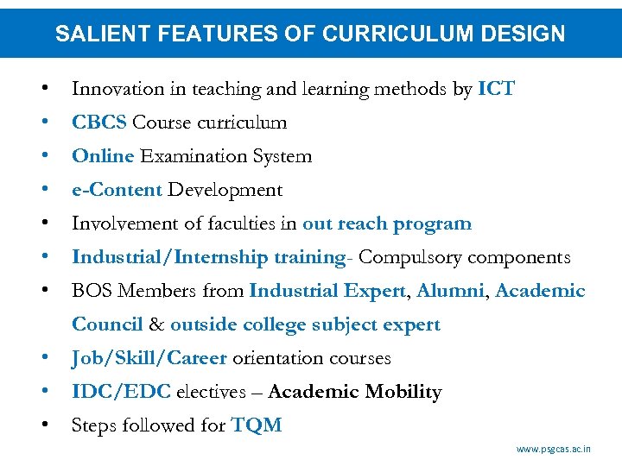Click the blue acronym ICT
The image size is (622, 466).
click(x=496, y=89)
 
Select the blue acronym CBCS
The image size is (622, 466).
click(x=99, y=123)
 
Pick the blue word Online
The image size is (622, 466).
click(x=103, y=156)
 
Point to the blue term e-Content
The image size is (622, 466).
click(x=117, y=190)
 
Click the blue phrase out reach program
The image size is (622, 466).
click(x=387, y=224)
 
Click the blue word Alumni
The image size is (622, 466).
click(x=451, y=291)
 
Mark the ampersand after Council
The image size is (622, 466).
click(x=156, y=324)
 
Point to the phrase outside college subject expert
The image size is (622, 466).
click(x=305, y=324)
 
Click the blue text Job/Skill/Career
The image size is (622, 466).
click(x=149, y=358)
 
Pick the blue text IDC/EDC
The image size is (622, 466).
click(x=121, y=392)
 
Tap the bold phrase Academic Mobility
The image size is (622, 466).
click(x=355, y=392)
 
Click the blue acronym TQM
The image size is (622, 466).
click(x=257, y=425)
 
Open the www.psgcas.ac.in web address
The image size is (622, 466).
click(x=554, y=449)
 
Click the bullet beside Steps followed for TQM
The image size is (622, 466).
click(x=43, y=425)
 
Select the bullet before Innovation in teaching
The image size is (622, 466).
click(x=43, y=89)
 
